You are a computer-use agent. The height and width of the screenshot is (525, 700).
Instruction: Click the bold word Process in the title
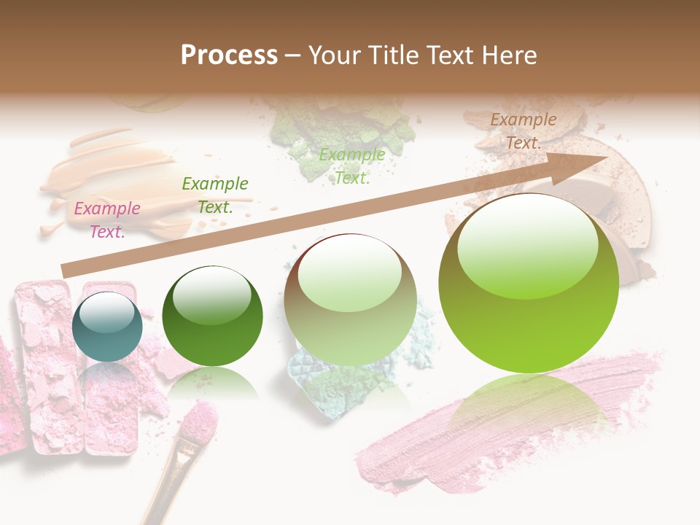(x=229, y=55)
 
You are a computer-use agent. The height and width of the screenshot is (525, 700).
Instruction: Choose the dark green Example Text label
(x=215, y=195)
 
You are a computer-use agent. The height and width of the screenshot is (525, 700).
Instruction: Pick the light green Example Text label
(x=352, y=166)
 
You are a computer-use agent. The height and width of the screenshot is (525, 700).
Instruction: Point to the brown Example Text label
(x=523, y=131)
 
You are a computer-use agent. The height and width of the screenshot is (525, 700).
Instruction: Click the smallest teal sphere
(x=107, y=327)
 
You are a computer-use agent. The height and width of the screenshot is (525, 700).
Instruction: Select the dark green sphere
(x=212, y=316)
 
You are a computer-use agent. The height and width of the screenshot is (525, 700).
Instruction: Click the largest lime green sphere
(x=529, y=284)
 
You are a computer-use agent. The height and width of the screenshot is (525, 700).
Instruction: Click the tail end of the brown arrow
(x=67, y=271)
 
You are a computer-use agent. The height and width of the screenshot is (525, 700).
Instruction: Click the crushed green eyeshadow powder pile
(x=343, y=131)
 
